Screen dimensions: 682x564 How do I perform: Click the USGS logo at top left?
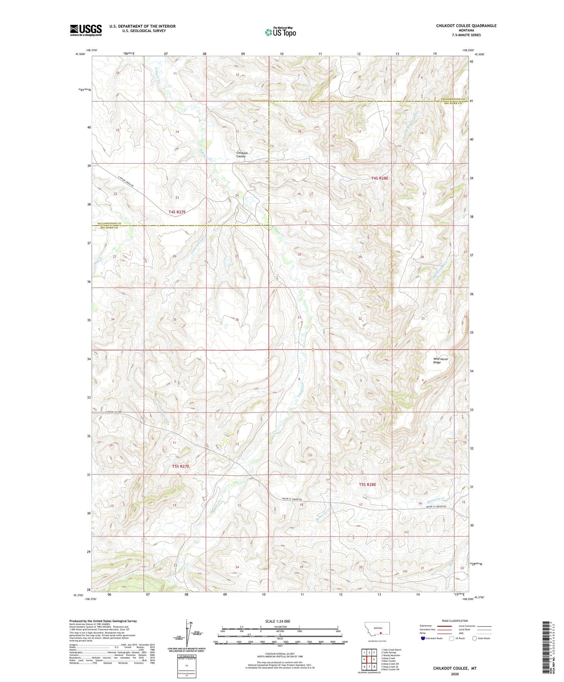pos(86,30)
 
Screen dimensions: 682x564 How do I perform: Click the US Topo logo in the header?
pos(280,32)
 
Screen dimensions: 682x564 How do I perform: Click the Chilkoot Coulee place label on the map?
pos(241,155)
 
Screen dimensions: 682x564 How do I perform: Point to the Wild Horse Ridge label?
pos(440,361)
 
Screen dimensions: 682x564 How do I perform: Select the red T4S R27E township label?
pos(177,212)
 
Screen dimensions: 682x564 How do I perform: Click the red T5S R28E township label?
pos(367,484)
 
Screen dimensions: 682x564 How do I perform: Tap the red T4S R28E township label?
pos(379,178)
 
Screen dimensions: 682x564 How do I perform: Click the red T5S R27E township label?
pos(180,466)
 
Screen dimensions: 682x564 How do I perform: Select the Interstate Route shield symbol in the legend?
pos(423,638)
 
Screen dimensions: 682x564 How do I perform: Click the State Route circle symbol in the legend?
pos(475,638)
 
